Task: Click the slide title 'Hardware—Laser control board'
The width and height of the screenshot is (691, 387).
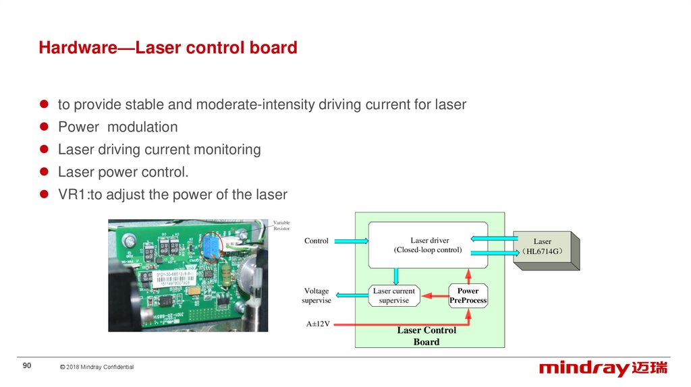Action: (168, 48)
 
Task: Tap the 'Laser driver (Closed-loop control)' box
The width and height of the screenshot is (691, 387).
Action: (428, 245)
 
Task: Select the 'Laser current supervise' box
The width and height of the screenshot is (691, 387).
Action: (393, 295)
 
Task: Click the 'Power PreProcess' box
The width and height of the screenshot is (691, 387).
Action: (468, 295)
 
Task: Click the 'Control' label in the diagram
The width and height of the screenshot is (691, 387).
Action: (316, 241)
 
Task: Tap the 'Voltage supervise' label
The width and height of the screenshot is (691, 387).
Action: (316, 295)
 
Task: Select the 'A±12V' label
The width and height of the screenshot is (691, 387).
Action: (318, 324)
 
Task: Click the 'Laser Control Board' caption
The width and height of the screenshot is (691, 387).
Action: (426, 336)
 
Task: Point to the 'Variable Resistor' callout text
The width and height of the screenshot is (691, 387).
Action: (281, 225)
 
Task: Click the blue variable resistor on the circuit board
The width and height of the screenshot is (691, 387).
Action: (210, 247)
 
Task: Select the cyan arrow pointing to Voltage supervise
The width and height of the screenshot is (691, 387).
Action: (351, 295)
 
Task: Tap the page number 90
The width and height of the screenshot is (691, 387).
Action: (27, 365)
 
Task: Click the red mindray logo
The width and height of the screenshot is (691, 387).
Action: (603, 368)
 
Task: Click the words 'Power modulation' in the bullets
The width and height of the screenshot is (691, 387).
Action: (117, 127)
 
